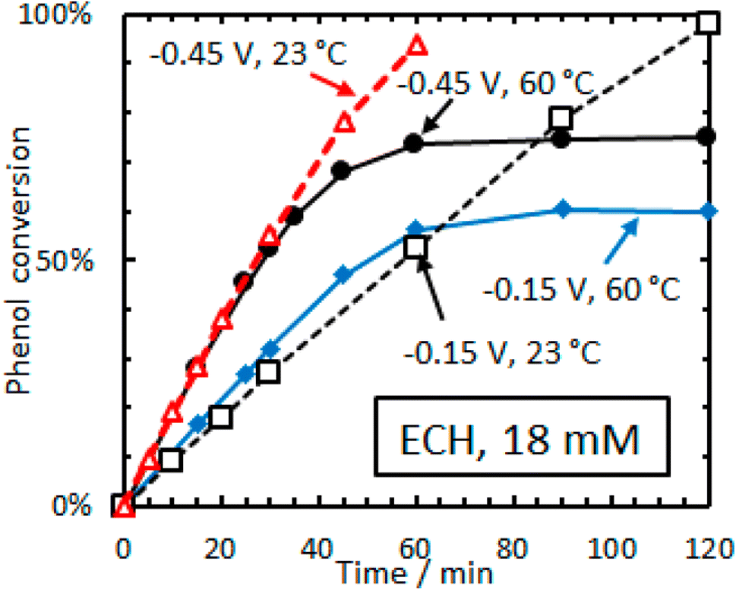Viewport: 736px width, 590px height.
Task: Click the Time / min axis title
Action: pos(416,570)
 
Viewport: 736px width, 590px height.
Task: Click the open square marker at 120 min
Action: pos(707,22)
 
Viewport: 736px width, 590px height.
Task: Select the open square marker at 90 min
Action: pos(561,117)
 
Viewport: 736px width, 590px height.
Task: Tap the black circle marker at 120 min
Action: pos(706,137)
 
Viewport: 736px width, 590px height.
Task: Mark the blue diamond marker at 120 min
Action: pos(707,211)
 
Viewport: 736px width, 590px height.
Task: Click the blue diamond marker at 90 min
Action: pos(562,210)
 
